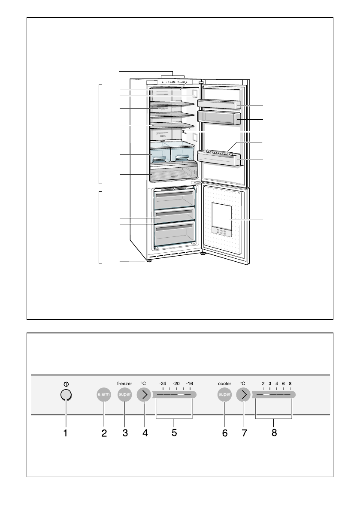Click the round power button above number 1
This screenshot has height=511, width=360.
66,396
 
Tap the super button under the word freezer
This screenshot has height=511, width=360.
124,396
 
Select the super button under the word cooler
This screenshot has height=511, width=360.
224,396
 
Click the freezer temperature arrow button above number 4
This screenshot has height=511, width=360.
144,396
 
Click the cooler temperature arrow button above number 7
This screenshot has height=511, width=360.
243,396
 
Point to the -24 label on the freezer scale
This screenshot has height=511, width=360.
162,384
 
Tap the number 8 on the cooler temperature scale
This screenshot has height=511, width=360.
290,384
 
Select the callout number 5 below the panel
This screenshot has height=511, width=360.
174,433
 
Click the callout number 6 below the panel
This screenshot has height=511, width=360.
224,433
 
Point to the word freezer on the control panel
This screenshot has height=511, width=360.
124,383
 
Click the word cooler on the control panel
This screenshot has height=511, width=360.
224,383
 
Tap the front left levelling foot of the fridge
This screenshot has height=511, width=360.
149,260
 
